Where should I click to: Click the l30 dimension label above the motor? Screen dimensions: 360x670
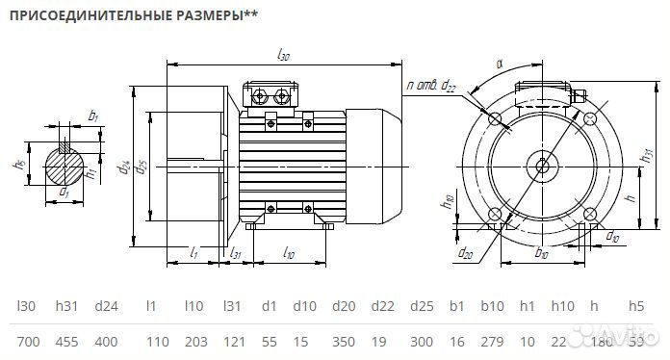pos(283,57)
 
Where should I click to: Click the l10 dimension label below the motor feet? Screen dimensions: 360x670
pos(290,251)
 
